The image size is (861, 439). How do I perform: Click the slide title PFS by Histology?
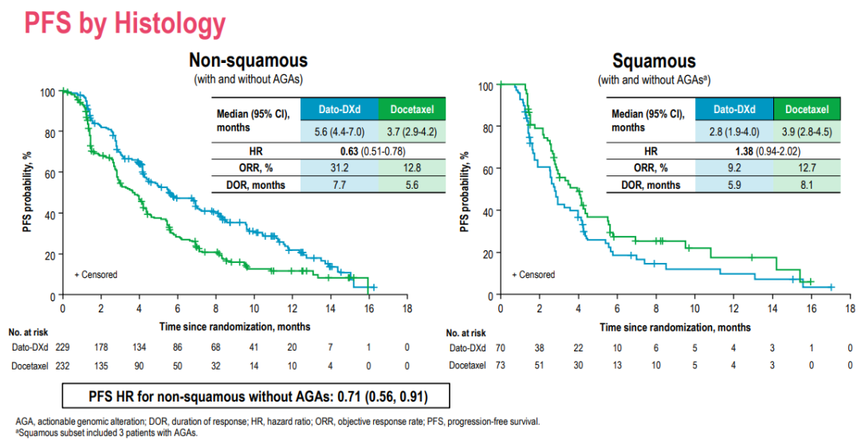click(x=125, y=24)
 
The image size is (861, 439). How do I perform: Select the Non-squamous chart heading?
click(x=248, y=61)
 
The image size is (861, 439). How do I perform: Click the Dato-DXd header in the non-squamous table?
click(x=337, y=109)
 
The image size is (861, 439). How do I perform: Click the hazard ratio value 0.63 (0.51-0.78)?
click(x=337, y=150)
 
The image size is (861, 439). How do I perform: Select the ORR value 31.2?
click(x=337, y=167)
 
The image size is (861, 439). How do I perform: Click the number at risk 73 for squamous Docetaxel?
click(x=500, y=366)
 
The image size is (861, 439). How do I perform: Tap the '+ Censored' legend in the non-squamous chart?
click(x=96, y=275)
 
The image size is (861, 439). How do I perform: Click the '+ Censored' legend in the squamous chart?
click(x=533, y=275)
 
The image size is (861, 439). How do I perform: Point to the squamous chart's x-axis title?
click(x=674, y=327)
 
